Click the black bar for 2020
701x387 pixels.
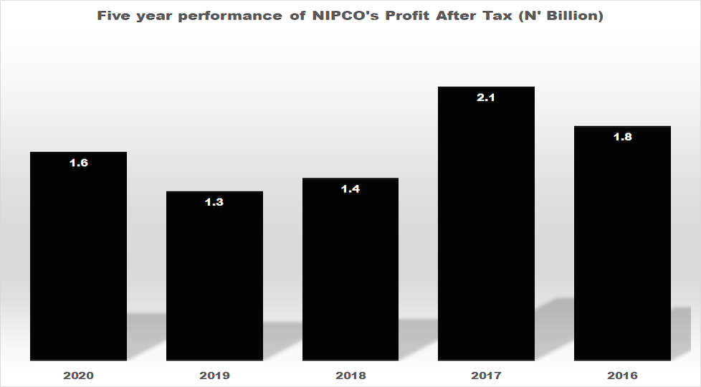(78, 258)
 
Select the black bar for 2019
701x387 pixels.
(214, 279)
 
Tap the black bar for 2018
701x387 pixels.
(350, 272)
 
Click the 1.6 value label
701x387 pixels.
(78, 163)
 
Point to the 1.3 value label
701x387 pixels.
(214, 202)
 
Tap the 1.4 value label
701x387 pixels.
(350, 189)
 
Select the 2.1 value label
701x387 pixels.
(486, 97)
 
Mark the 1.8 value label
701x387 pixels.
(622, 137)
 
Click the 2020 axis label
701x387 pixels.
(78, 375)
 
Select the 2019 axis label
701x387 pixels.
(214, 375)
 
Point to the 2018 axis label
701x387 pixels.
(350, 375)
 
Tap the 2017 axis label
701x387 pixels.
(486, 375)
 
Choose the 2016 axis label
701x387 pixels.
(622, 375)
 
